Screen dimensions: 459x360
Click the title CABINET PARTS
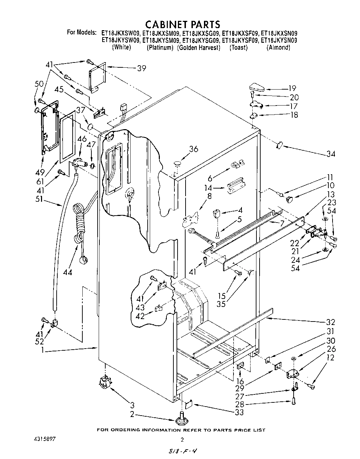tap(182, 24)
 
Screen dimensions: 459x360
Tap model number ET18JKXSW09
tap(120, 33)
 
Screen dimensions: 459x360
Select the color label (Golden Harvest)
tap(198, 48)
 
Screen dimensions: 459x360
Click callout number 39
tap(141, 68)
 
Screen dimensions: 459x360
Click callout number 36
tap(194, 149)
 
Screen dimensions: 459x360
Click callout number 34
tap(330, 154)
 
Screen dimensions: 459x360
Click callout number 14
tap(210, 188)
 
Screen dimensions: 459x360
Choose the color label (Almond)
tap(278, 48)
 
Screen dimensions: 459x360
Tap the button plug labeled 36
tap(178, 162)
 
